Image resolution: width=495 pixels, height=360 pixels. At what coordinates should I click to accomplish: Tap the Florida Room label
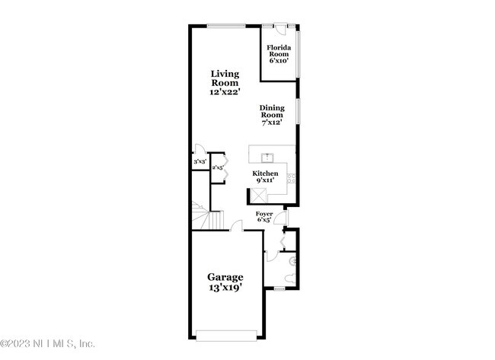[x=277, y=51]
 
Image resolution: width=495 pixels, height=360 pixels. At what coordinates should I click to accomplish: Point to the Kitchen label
[x=265, y=174]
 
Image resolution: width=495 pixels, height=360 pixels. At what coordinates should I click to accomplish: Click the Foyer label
[x=264, y=215]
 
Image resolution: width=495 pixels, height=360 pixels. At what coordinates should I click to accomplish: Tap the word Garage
[x=225, y=277]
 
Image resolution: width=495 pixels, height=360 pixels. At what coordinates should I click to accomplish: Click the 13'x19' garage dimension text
[x=225, y=288]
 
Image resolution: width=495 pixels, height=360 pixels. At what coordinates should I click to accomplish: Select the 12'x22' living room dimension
[x=225, y=91]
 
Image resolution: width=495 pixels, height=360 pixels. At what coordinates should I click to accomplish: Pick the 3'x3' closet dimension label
[x=200, y=161]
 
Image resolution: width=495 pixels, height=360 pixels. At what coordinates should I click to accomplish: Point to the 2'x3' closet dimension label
[x=217, y=167]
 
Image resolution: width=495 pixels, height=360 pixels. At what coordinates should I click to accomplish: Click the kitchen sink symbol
[x=268, y=158]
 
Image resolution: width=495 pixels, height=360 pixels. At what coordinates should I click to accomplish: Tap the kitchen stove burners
[x=290, y=179]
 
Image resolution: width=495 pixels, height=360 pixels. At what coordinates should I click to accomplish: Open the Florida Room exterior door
[x=279, y=28]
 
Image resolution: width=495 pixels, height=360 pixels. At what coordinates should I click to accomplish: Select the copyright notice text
[x=47, y=343]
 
